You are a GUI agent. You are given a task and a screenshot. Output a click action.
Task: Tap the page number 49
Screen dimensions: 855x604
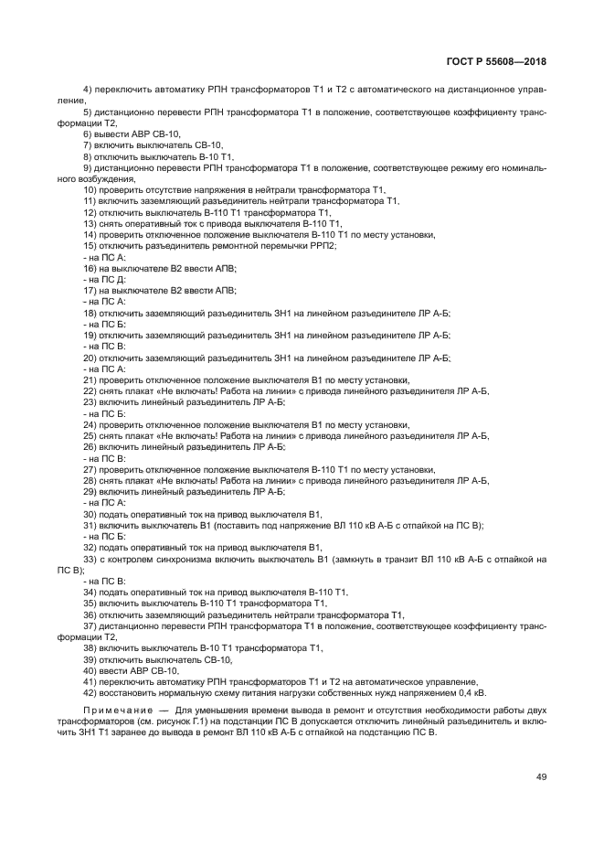click(541, 776)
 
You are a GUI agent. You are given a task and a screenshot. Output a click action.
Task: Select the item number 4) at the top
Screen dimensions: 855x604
click(89, 88)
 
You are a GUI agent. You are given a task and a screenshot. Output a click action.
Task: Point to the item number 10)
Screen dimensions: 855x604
click(90, 189)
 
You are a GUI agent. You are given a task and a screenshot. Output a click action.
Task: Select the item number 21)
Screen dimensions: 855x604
click(90, 380)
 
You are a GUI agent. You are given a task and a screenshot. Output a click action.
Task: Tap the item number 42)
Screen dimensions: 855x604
click(90, 692)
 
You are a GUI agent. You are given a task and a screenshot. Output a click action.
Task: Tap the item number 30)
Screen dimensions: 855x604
click(90, 514)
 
